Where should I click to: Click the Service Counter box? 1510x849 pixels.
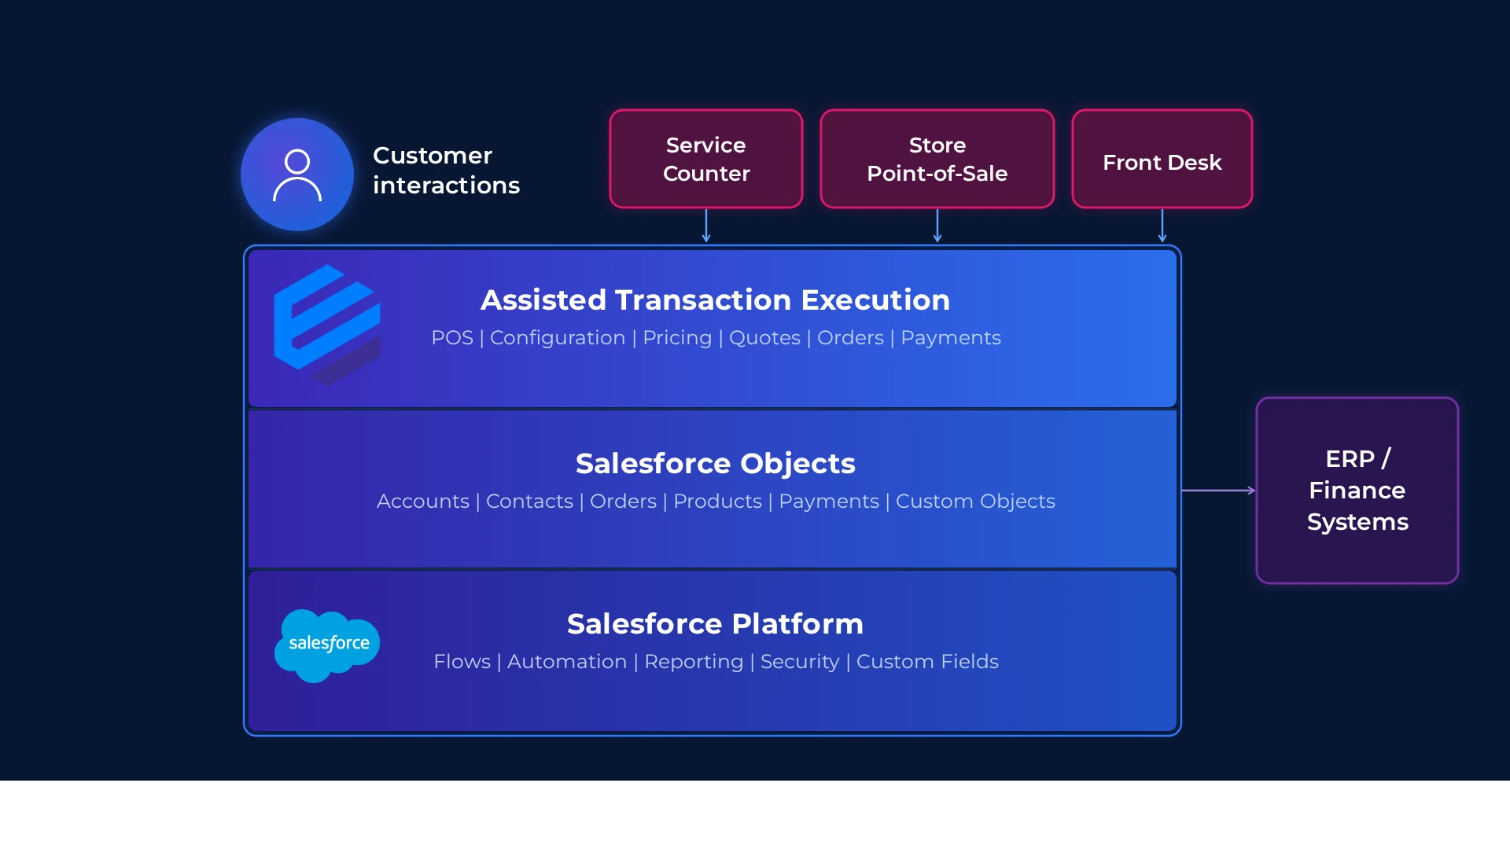tap(705, 159)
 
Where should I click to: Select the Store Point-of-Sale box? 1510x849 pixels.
tap(937, 159)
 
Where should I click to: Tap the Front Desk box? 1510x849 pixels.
tap(1162, 159)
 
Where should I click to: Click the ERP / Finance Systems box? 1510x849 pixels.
tap(1357, 490)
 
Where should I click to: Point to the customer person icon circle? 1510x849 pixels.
tap(297, 175)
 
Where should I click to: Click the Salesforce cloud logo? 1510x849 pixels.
tap(327, 645)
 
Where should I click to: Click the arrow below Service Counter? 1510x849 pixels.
tap(706, 226)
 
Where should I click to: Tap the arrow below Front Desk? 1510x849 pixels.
tap(1162, 226)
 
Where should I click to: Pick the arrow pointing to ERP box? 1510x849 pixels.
tap(1218, 490)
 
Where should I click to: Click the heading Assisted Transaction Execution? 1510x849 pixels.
tap(715, 300)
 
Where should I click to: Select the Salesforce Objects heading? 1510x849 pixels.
tap(715, 463)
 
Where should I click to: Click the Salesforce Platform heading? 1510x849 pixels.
tap(715, 623)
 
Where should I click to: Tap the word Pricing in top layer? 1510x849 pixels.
tap(676, 338)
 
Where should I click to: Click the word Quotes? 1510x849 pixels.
tap(764, 338)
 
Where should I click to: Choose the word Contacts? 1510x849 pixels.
tap(529, 502)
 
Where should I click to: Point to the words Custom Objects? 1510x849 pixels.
tap(975, 502)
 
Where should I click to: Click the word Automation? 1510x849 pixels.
tap(567, 662)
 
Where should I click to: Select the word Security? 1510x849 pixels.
tap(800, 662)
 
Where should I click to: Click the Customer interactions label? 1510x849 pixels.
tap(445, 170)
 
